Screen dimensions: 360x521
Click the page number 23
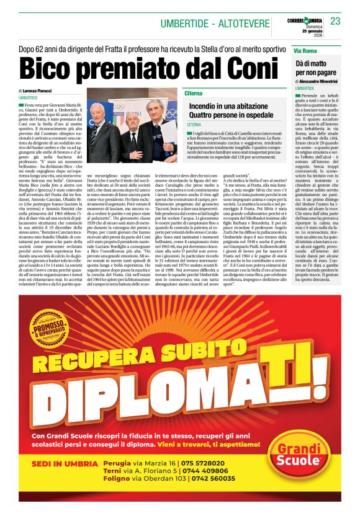(x=336, y=22)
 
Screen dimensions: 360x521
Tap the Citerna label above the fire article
(x=194, y=93)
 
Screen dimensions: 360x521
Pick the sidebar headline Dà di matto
(x=315, y=64)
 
